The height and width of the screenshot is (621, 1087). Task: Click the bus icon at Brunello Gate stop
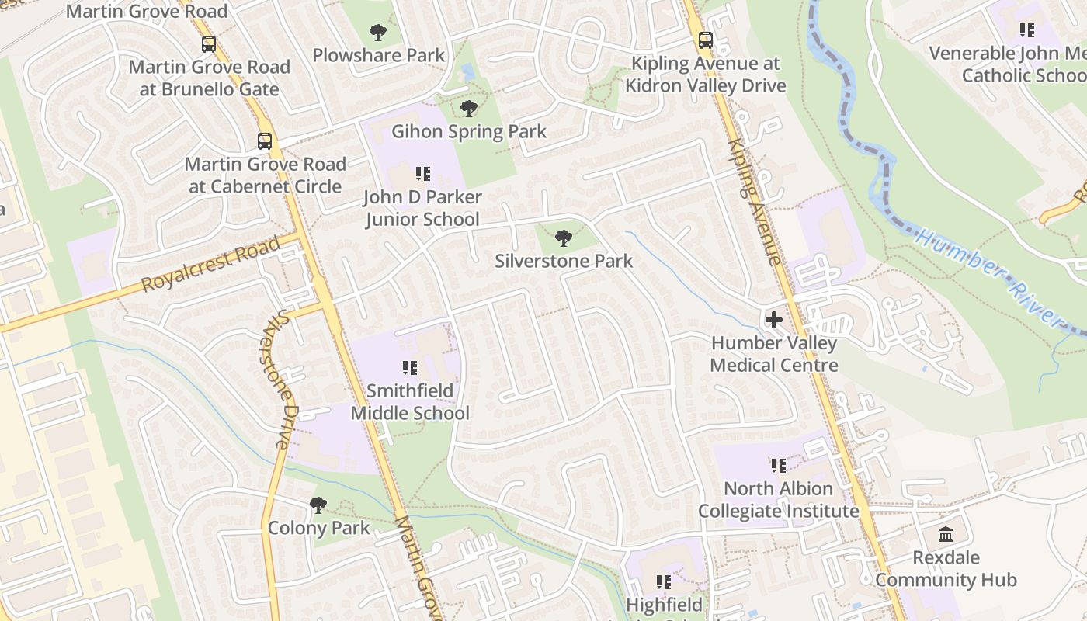(208, 44)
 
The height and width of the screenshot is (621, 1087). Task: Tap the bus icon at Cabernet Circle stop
(265, 141)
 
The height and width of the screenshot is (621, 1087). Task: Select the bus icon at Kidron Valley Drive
(705, 40)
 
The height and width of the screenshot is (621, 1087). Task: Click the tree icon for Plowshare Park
(378, 33)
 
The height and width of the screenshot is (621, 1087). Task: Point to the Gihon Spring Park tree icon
(468, 109)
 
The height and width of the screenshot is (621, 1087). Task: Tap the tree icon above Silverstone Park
(564, 238)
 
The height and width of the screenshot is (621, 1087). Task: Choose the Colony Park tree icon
(318, 505)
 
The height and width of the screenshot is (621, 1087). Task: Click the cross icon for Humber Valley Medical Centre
(773, 320)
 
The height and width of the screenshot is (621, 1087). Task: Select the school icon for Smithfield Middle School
(410, 368)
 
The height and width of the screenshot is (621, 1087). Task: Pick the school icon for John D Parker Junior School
(422, 174)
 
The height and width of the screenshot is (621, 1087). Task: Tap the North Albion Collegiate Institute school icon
(778, 466)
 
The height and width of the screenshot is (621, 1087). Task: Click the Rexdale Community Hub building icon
(945, 534)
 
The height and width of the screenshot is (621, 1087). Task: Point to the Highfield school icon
(663, 581)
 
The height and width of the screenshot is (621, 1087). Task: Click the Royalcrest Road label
(210, 265)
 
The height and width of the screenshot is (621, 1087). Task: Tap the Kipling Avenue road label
(754, 202)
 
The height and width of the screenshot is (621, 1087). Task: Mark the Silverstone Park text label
(564, 261)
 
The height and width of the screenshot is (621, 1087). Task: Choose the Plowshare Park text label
(378, 55)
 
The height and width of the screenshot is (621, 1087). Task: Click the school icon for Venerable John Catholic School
(1026, 30)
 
